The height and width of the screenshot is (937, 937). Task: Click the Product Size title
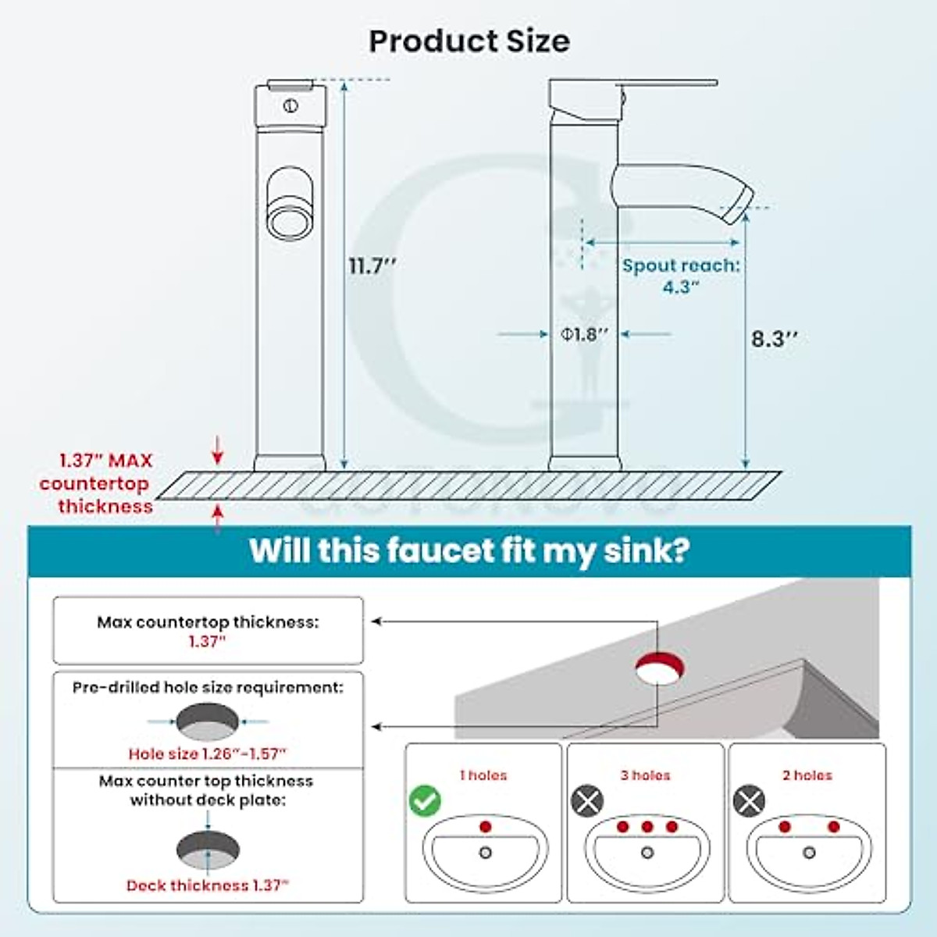click(x=469, y=41)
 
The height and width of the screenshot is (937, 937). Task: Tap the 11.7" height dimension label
click(x=372, y=266)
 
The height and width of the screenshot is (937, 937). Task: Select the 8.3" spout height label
click(x=775, y=339)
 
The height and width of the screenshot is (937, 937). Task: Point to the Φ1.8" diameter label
click(x=584, y=334)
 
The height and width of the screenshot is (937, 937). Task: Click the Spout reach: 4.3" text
click(x=680, y=276)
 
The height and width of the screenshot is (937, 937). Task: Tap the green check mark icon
click(x=425, y=800)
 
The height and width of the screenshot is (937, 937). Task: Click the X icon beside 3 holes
click(x=587, y=801)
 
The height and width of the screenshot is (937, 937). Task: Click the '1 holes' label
click(x=483, y=775)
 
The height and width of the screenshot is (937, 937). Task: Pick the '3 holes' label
click(x=645, y=775)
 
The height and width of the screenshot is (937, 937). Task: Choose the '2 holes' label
click(x=807, y=775)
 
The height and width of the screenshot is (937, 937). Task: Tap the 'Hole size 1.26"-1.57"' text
click(x=208, y=754)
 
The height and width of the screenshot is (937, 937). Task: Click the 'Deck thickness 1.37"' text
click(x=208, y=885)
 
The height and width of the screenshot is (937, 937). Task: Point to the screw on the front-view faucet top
click(x=290, y=106)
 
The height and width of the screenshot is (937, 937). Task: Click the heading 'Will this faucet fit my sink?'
click(x=469, y=551)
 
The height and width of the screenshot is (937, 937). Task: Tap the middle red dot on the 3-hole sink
click(x=647, y=827)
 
